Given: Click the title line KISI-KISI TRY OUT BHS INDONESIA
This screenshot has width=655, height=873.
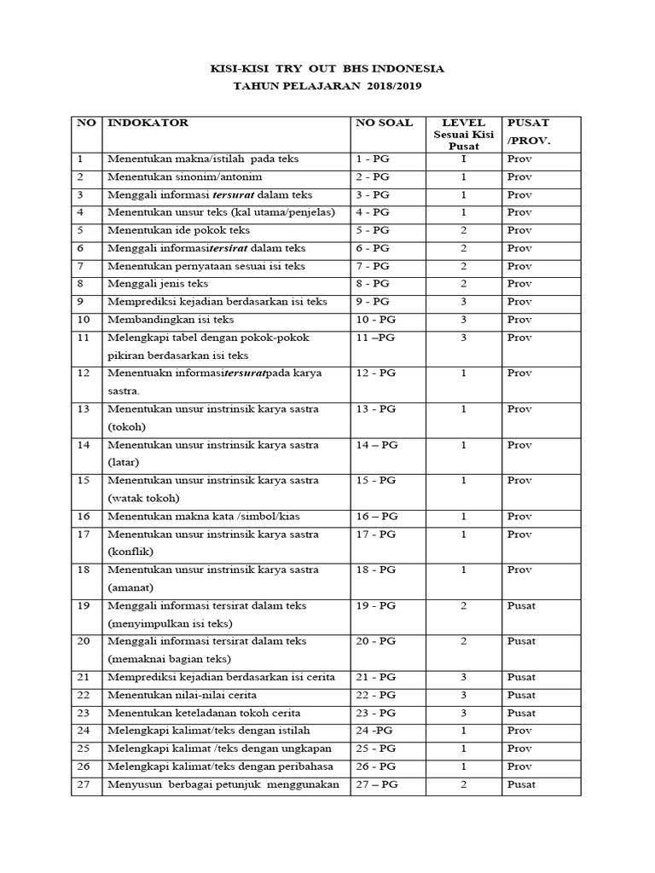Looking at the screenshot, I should click(x=327, y=68).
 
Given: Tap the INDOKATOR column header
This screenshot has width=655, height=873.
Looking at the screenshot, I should click(x=148, y=123).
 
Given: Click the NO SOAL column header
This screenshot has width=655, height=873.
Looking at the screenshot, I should click(x=383, y=123).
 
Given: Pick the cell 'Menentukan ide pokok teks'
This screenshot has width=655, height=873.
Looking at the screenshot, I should click(x=178, y=230).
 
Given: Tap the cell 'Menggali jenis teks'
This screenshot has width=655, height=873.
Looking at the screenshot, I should click(x=158, y=284).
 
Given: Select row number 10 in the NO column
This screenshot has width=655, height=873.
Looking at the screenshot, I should click(x=84, y=320).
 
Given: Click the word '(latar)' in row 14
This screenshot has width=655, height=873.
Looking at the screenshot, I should click(x=124, y=461).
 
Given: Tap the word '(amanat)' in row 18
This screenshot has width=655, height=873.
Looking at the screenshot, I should click(x=129, y=587).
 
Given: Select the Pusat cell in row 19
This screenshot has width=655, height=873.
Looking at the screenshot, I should click(x=521, y=605).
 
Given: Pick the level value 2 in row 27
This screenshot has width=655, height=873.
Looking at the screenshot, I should click(x=463, y=784).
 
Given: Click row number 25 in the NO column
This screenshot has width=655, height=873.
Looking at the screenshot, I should click(x=84, y=749).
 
